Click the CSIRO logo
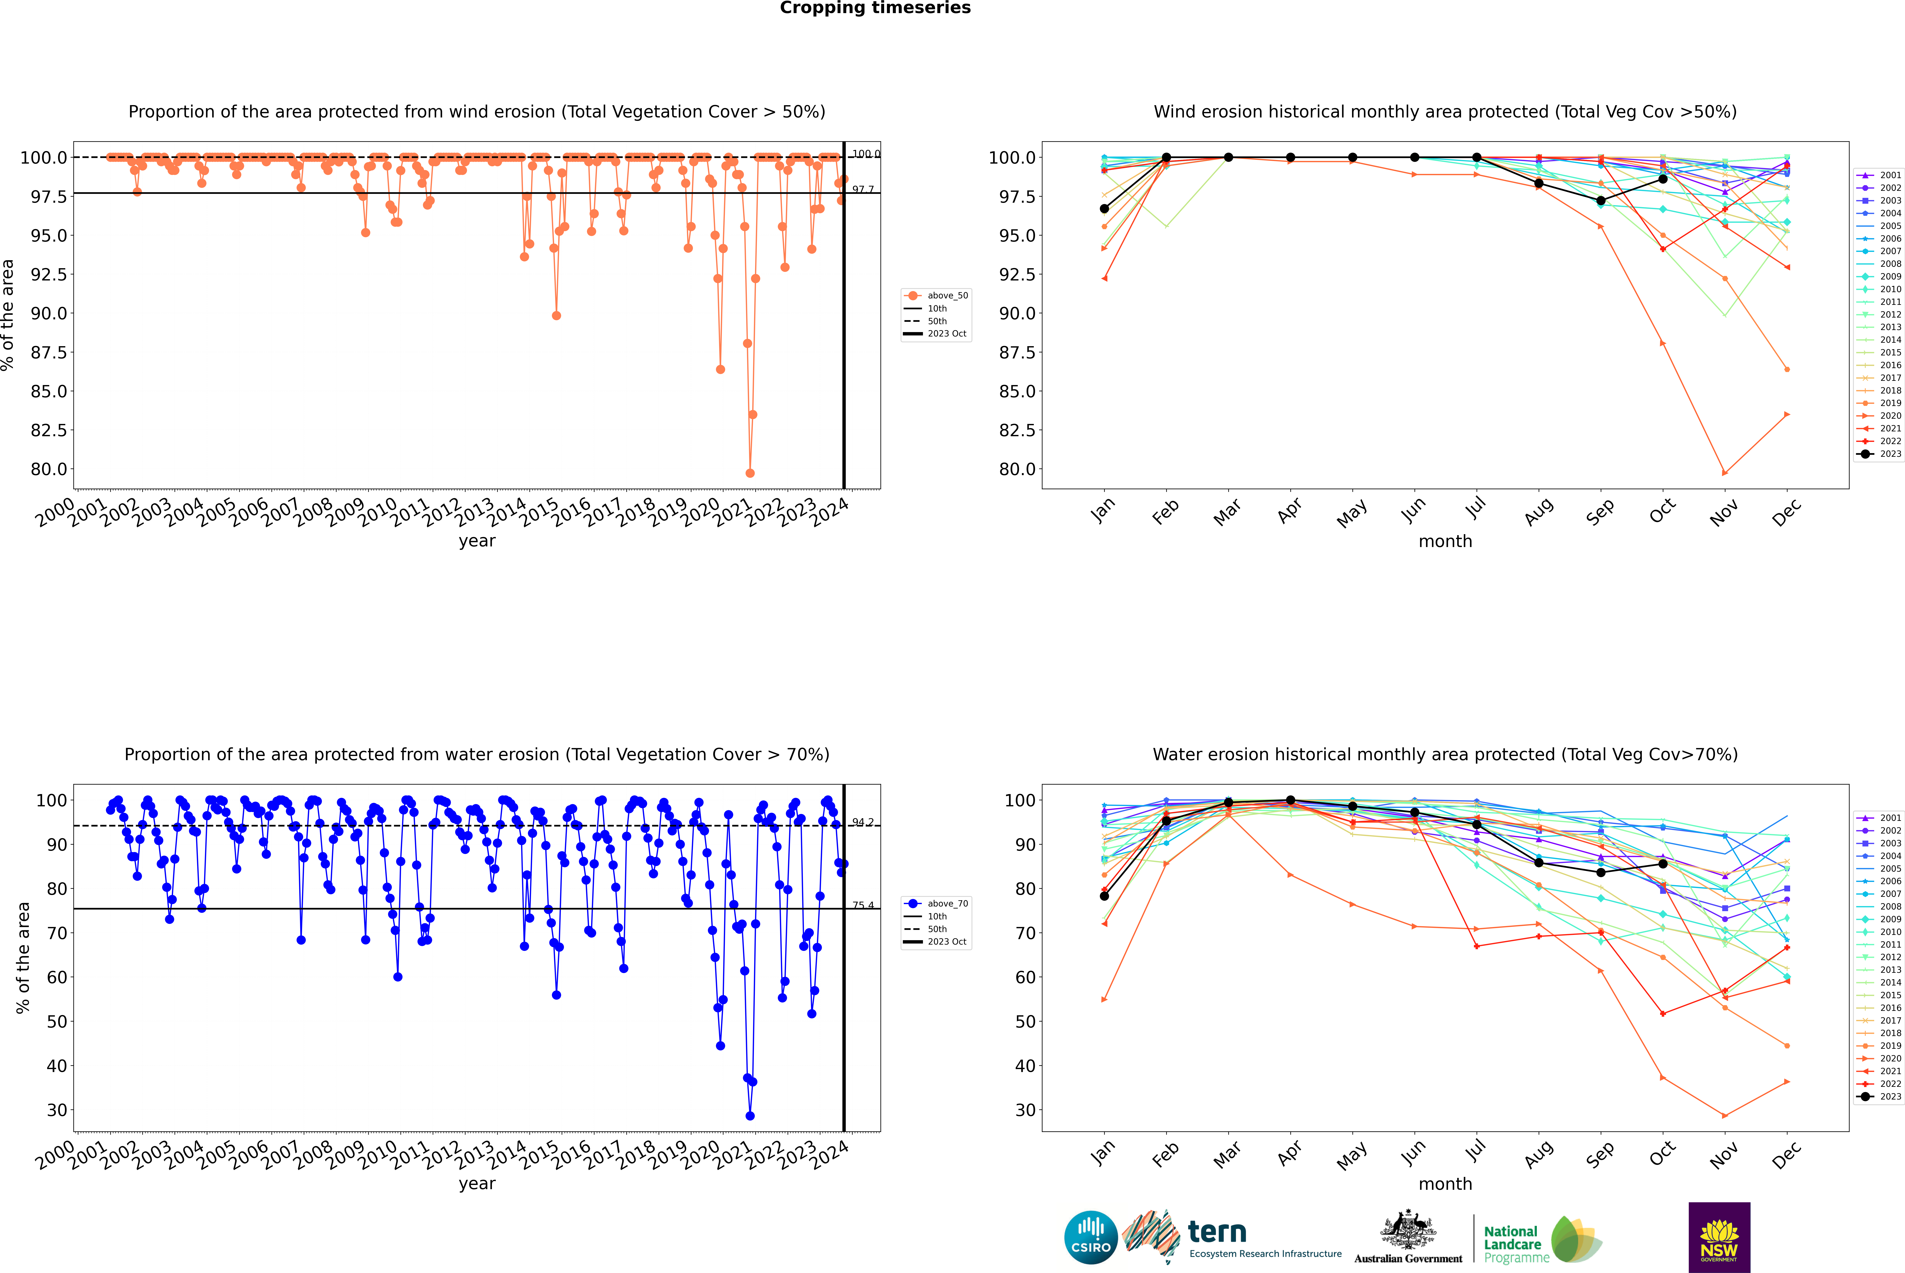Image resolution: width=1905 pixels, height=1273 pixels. click(x=1091, y=1237)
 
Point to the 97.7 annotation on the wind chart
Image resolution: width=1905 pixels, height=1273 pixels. click(x=862, y=190)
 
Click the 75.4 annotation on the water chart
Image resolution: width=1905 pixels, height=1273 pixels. click(x=862, y=905)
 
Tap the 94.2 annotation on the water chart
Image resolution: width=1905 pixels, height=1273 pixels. click(x=862, y=822)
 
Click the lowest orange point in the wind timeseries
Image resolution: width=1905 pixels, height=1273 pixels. click(x=749, y=473)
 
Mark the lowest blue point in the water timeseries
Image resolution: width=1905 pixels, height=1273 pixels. click(x=749, y=1116)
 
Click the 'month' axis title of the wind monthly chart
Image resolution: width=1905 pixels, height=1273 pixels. click(x=1445, y=542)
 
